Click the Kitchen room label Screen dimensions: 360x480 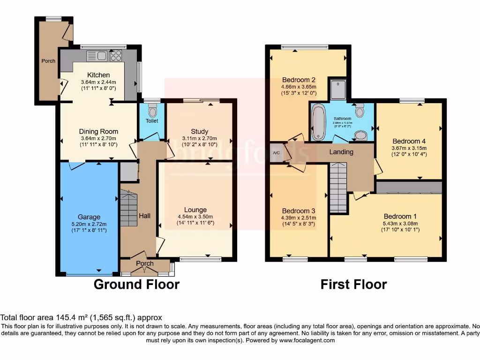point(98,75)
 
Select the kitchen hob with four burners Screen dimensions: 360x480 point(116,56)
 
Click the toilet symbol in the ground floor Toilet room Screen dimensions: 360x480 point(152,111)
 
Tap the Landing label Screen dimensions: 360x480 point(341,152)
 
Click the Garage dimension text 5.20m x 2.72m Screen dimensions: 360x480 point(89,224)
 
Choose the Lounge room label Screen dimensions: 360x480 point(195,210)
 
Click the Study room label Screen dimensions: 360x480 point(199,131)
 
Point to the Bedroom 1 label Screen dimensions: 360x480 point(400,216)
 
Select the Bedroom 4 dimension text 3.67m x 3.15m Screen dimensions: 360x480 point(409,148)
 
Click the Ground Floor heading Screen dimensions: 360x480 point(136,284)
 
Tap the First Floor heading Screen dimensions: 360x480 point(353,284)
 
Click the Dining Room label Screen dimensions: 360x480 point(98,131)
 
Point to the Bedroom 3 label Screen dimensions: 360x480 point(298,210)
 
